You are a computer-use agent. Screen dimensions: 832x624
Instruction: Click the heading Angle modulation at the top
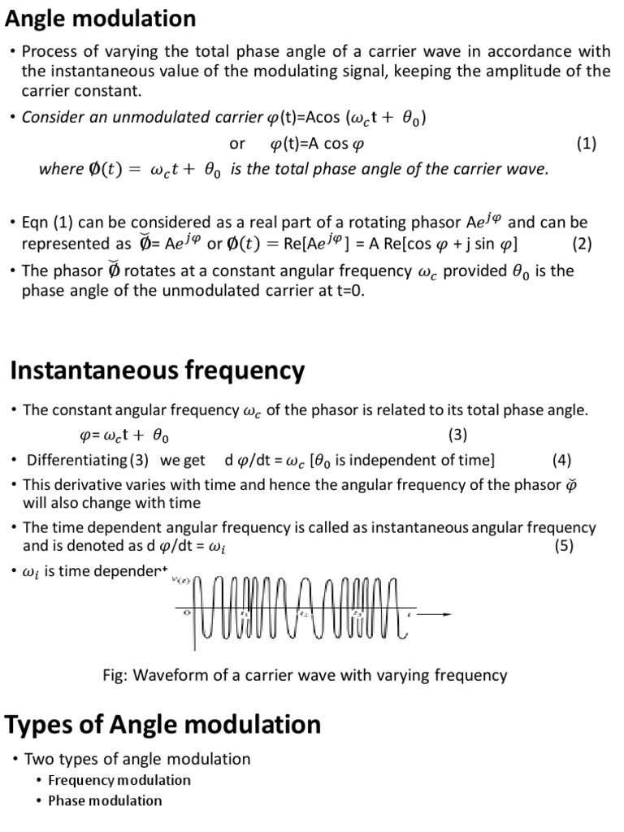click(101, 18)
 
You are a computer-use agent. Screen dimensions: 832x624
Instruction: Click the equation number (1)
click(587, 144)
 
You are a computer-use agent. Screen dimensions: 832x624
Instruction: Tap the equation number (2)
click(582, 244)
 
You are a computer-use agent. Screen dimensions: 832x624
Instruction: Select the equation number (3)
click(457, 435)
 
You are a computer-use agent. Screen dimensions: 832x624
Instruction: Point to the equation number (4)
click(561, 461)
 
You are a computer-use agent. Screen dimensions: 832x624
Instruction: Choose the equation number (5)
click(564, 546)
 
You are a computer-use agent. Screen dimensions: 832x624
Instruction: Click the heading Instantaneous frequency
click(158, 371)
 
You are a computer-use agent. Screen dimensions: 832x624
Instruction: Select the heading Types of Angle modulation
click(163, 724)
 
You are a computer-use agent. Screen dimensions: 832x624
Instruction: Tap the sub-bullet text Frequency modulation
click(119, 780)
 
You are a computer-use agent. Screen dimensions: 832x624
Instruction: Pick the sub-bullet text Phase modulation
click(105, 800)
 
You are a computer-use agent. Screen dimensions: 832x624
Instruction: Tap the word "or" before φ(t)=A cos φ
click(237, 144)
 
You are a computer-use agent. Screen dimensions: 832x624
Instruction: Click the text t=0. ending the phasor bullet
click(346, 290)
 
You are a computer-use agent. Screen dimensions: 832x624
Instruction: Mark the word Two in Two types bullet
click(38, 759)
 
